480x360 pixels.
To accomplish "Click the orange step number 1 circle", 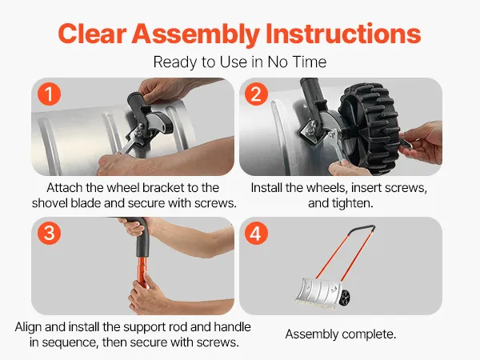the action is [x=49, y=94].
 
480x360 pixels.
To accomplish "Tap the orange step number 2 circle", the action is [x=257, y=94].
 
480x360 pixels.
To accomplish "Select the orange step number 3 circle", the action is [x=49, y=233].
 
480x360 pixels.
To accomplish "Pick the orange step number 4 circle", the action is [x=257, y=233].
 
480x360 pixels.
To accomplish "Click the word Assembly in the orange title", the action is [x=196, y=34].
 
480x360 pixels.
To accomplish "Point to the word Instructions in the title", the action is [x=343, y=33].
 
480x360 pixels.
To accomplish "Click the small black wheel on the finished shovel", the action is [x=345, y=297].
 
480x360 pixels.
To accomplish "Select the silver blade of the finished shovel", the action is [x=319, y=291].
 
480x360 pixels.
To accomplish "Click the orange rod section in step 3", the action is [x=142, y=272].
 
